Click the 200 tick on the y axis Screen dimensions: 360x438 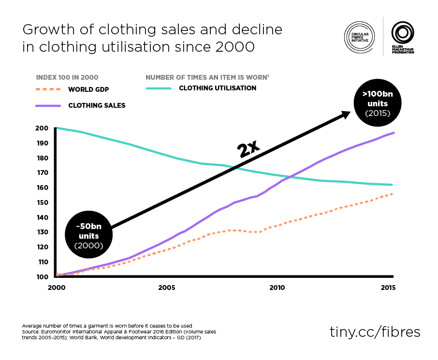42,128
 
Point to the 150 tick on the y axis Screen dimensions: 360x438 42,202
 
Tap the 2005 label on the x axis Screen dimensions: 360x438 166,288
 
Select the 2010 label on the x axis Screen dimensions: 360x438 277,288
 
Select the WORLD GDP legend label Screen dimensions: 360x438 88,89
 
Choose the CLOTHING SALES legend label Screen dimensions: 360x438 97,105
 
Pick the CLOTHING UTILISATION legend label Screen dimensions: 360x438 218,88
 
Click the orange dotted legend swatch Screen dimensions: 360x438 48,89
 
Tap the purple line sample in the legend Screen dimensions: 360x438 48,105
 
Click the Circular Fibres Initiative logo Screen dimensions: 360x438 360,36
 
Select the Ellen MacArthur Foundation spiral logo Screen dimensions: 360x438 403,33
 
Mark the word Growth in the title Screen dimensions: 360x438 46,30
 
